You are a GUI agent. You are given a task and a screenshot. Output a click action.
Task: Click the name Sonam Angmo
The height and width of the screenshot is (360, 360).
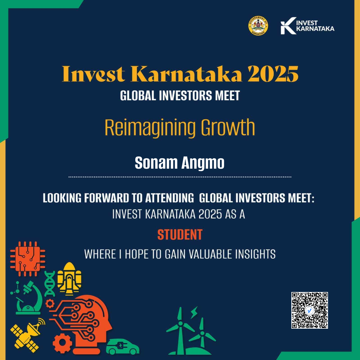tap(180, 163)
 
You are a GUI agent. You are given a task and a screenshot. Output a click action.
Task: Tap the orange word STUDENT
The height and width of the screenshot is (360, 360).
tap(180, 235)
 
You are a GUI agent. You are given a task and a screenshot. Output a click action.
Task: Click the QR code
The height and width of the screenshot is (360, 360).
tap(310, 310)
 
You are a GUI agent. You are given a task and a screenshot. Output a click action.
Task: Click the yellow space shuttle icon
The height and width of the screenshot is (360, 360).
tap(69, 278)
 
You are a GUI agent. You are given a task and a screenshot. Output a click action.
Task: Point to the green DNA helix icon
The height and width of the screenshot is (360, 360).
tap(50, 283)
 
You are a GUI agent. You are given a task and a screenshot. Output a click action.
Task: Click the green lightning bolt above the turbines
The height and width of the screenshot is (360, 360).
tap(194, 312)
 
